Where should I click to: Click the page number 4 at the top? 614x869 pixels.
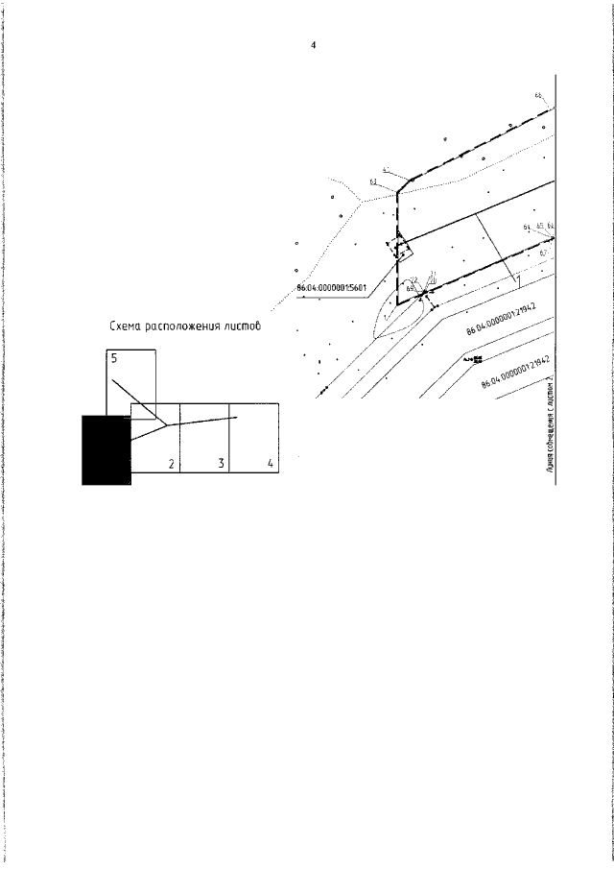313,45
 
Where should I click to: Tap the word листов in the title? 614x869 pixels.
240,327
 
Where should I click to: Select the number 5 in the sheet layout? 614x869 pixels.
114,358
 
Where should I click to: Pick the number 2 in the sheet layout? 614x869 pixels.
171,465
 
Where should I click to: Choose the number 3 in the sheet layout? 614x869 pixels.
221,465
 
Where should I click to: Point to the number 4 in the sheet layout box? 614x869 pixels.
271,465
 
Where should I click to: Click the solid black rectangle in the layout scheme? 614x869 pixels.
106,449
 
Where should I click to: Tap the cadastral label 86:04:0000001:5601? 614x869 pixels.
331,287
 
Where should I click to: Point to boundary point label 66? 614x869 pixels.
538,95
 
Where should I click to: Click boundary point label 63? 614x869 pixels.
372,181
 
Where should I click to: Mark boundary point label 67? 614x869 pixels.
543,252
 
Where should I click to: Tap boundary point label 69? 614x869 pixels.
410,288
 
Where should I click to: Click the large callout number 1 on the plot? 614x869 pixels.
517,280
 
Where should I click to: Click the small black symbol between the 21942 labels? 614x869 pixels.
476,359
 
